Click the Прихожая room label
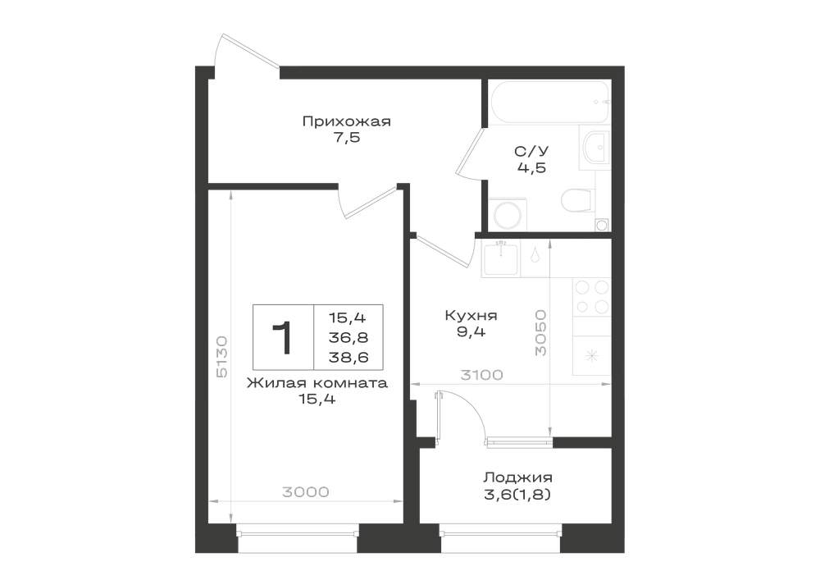coord(346,122)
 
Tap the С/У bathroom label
coord(531,152)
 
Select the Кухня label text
coord(471,315)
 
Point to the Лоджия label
coord(517,477)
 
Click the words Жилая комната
coord(317,383)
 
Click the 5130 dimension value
coord(221,357)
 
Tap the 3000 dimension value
coord(305,492)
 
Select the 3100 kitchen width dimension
coord(481,375)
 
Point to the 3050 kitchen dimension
coord(540,332)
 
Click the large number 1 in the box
coord(282,338)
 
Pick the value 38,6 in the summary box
coord(348,357)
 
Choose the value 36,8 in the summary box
coord(348,337)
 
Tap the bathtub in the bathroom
coord(549,102)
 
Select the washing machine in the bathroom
coord(508,213)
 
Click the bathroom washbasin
coord(594,148)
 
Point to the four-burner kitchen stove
coord(592,296)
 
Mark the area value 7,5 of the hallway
coord(346,139)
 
